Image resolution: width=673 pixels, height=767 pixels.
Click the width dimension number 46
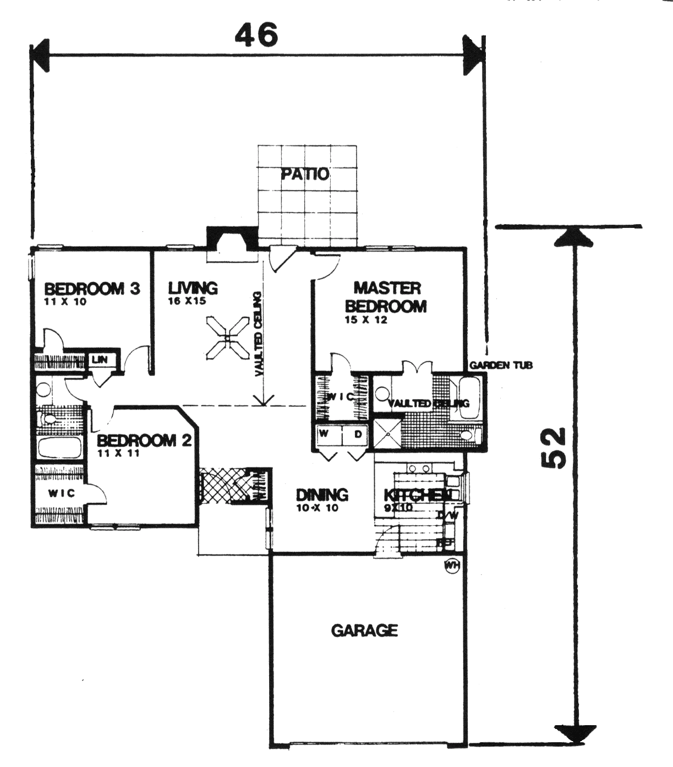(256, 36)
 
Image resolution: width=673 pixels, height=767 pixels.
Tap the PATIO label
(305, 174)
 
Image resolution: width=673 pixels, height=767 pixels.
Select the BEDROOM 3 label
(92, 289)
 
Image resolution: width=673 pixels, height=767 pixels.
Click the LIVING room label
(193, 288)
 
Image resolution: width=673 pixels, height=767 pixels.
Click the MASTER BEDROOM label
(386, 297)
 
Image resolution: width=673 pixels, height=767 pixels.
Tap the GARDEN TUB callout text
(501, 365)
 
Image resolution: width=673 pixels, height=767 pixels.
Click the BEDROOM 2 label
(144, 440)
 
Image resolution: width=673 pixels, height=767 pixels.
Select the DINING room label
(322, 494)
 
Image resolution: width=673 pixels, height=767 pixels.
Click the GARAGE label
(364, 630)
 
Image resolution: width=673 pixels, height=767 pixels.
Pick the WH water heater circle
(452, 566)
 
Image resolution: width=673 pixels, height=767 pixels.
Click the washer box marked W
(325, 434)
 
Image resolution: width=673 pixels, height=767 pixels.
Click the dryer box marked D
(358, 434)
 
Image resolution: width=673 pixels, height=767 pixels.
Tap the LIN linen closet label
(100, 360)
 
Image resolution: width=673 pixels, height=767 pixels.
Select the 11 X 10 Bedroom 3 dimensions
(65, 302)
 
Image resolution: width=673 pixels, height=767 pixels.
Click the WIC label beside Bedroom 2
(61, 493)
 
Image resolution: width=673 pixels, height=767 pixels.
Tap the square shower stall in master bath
(387, 432)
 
